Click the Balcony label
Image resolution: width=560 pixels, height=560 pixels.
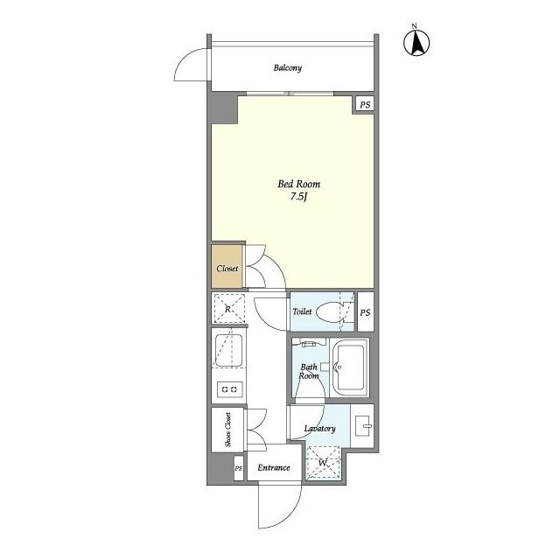(288, 68)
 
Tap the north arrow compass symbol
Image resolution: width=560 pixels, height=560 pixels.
(416, 42)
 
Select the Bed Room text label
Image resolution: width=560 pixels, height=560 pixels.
(299, 185)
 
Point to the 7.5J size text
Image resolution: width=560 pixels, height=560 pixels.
(298, 196)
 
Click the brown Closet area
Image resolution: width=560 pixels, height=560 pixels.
(227, 266)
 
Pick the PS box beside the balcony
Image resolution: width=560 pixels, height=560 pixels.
(364, 105)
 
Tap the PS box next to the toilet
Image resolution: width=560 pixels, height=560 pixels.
(366, 312)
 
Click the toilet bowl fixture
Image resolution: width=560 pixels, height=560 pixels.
(332, 312)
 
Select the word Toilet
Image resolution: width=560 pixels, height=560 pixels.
(302, 311)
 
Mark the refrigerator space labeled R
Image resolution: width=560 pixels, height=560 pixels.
(228, 308)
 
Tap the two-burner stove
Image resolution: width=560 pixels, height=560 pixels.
(229, 389)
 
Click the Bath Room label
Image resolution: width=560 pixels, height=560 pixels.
(309, 371)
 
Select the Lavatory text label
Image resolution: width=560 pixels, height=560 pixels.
(320, 429)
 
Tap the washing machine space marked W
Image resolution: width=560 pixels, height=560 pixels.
(323, 462)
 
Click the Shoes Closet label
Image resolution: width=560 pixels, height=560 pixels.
(227, 430)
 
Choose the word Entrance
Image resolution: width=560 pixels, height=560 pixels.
(274, 467)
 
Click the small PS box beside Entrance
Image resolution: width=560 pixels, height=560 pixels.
(239, 468)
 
